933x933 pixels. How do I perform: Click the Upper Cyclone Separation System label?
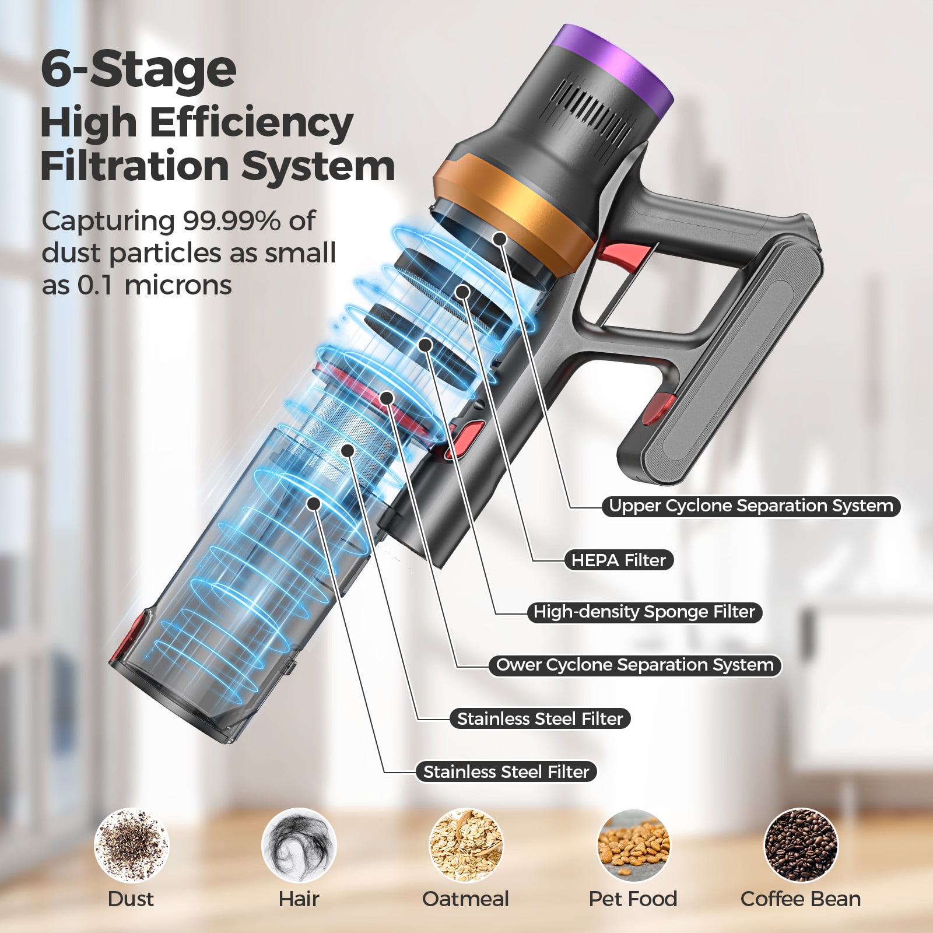point(751,506)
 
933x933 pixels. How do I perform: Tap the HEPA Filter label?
point(618,560)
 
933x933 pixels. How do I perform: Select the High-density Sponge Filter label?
point(644,612)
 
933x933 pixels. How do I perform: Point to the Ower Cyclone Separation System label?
point(634,665)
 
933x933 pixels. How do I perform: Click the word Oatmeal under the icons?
point(465,899)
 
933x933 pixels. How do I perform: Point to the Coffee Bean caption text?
point(801,899)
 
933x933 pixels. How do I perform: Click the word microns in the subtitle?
point(178,285)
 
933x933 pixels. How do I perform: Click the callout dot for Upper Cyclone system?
point(499,238)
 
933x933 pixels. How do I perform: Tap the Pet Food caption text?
point(633,899)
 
